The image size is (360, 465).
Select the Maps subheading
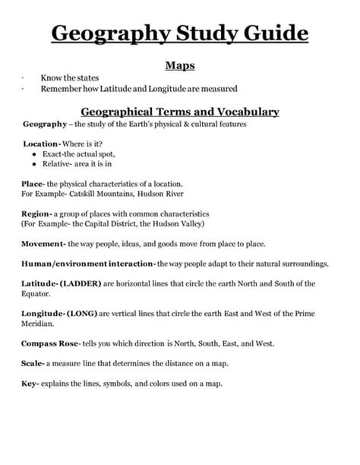point(180,65)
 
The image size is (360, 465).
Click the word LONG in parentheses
point(84,314)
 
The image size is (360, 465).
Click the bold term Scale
point(33,363)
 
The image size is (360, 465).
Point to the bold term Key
point(30,384)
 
